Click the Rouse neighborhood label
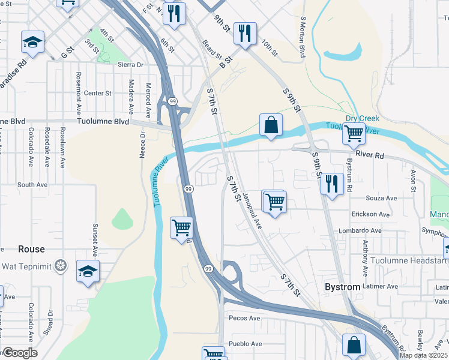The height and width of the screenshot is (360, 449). (x=31, y=249)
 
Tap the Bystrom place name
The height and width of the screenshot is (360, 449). (x=343, y=287)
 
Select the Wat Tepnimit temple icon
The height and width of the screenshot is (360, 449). (x=60, y=265)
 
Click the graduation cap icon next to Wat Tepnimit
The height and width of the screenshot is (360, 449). (x=88, y=271)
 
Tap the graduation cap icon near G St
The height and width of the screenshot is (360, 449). (x=33, y=42)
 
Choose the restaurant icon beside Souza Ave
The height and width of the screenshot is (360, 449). (x=332, y=183)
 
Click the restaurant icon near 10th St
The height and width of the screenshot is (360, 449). (x=244, y=34)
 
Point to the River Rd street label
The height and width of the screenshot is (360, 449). (x=369, y=154)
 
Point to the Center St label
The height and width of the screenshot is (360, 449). (x=98, y=93)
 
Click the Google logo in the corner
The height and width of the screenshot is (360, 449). (x=19, y=353)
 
